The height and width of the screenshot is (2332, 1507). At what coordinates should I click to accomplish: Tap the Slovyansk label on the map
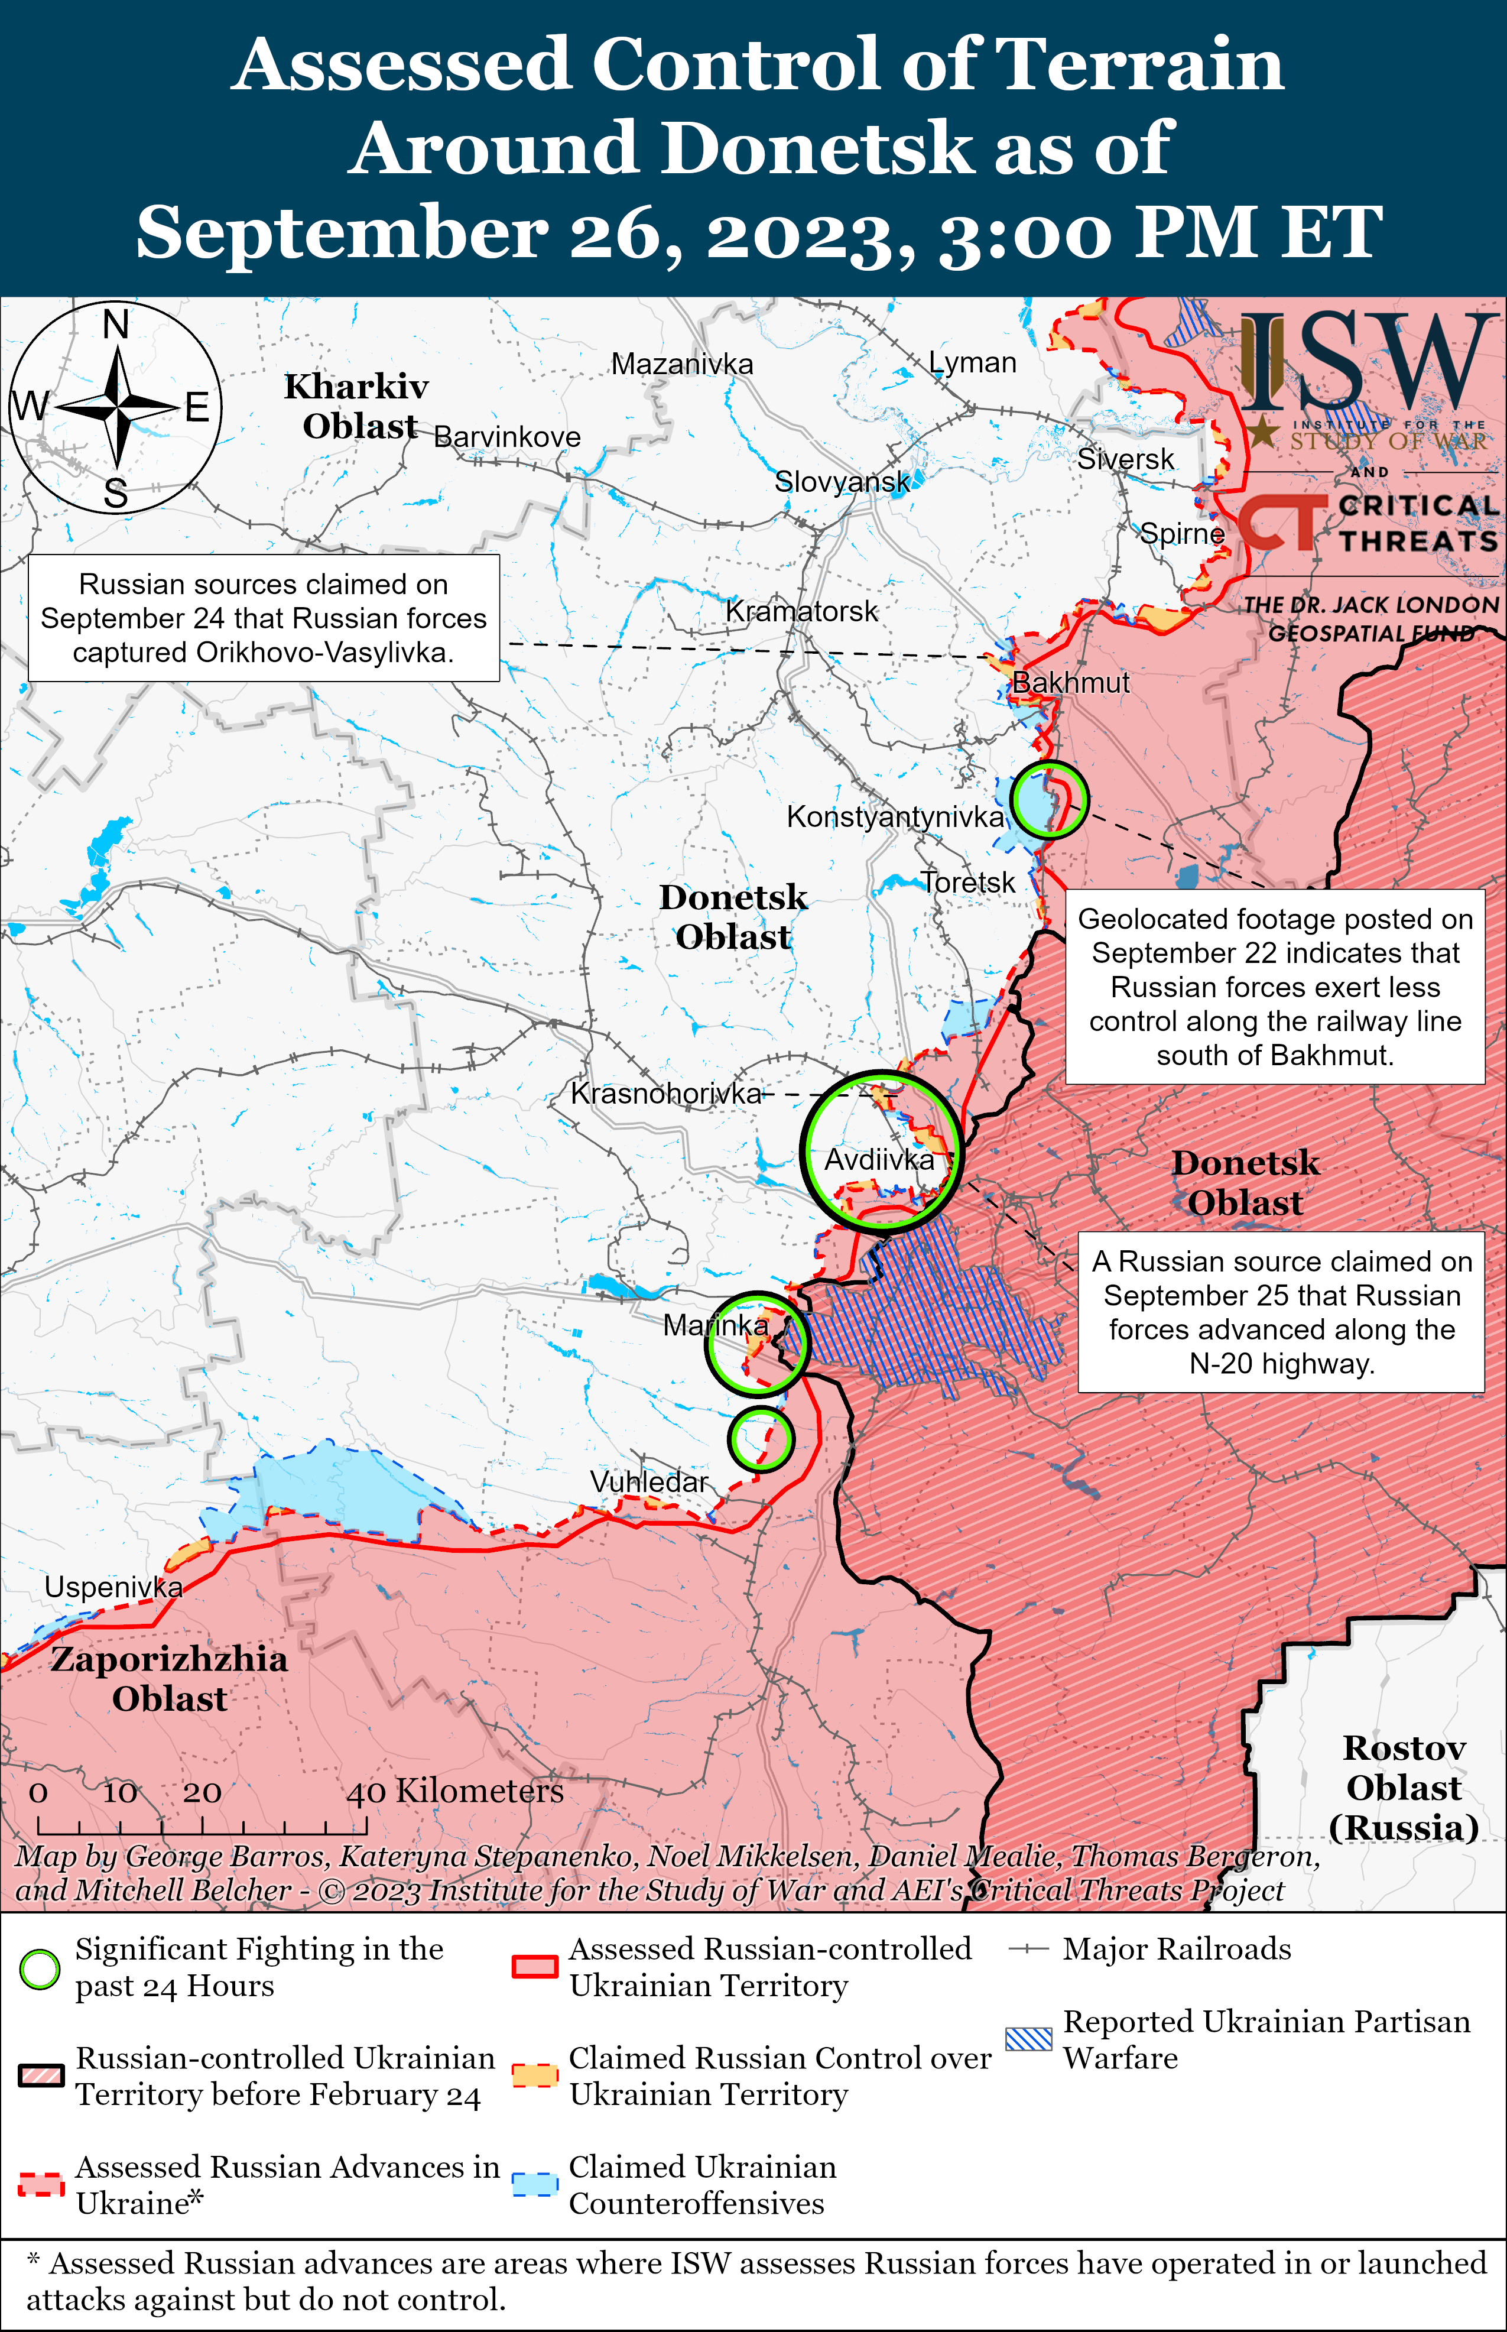coord(842,481)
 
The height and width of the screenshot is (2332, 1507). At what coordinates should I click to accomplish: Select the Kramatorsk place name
coord(801,612)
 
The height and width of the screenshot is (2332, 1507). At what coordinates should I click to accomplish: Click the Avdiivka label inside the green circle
coord(879,1160)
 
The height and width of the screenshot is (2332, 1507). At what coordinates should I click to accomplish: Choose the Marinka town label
coord(715,1325)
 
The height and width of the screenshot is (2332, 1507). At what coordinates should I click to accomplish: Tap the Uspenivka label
coord(113,1587)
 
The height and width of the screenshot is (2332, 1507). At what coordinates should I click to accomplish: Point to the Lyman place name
coord(973,362)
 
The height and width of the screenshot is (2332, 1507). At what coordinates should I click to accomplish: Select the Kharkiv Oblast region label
coord(357,406)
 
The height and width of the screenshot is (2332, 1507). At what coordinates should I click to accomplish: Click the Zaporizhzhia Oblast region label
coord(169,1678)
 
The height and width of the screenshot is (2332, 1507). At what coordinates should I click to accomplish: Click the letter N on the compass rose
coord(116,323)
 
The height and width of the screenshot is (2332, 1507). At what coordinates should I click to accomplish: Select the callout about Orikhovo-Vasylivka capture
coord(263,618)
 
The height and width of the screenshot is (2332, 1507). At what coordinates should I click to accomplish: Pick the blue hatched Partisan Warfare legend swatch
coord(1028,2038)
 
